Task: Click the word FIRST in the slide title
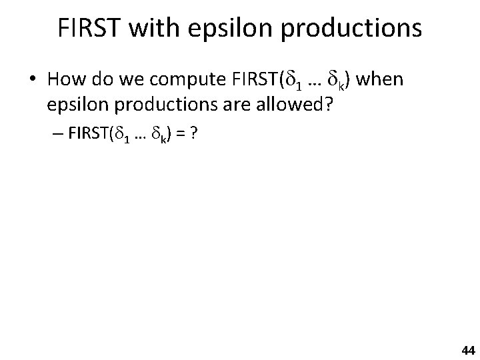(92, 28)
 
